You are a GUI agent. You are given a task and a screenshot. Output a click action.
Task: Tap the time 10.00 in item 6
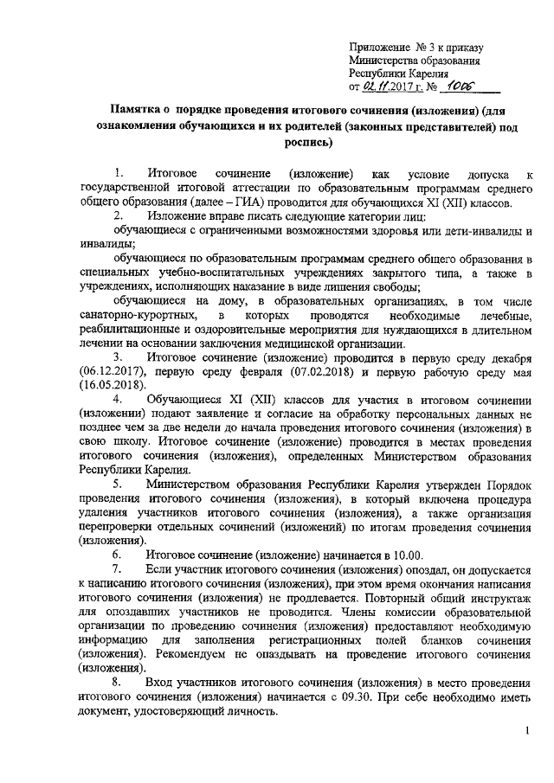tap(409, 555)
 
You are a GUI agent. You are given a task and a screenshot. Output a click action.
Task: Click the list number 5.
tap(118, 485)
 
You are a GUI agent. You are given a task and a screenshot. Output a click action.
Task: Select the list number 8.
tap(118, 684)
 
